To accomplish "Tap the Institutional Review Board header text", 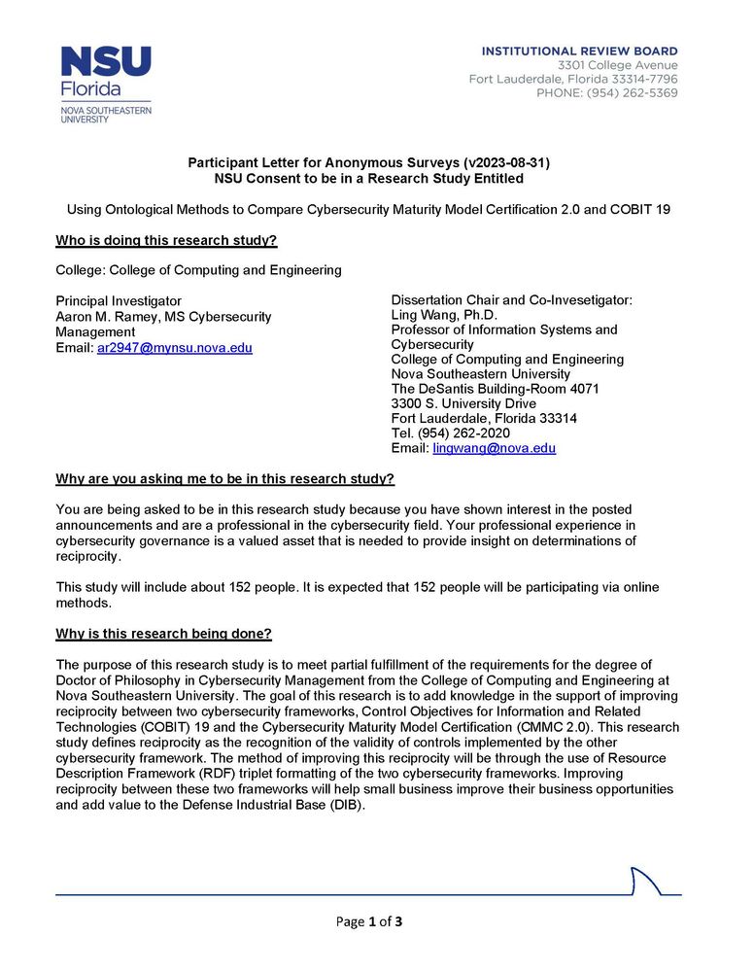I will pyautogui.click(x=580, y=51).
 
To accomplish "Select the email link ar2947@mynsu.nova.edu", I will pyautogui.click(x=174, y=347).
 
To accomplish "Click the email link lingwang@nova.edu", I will pyautogui.click(x=494, y=448).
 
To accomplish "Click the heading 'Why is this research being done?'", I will pyautogui.click(x=163, y=634).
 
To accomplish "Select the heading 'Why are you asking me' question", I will pyautogui.click(x=224, y=479).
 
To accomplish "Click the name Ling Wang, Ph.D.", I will pyautogui.click(x=444, y=315).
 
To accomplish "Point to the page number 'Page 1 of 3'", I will pyautogui.click(x=368, y=921).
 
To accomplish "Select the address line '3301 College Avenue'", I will pyautogui.click(x=617, y=65).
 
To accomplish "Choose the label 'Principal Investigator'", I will pyautogui.click(x=119, y=301).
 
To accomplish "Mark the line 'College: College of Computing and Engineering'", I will pyautogui.click(x=198, y=270).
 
